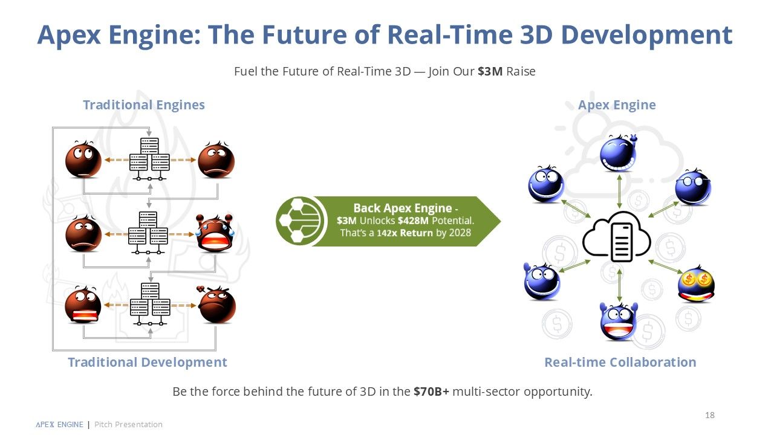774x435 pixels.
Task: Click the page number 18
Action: coord(710,415)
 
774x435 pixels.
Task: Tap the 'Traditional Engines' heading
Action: coord(144,105)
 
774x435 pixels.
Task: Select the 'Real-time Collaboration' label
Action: coord(620,362)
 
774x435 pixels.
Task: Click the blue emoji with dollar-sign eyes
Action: coord(696,284)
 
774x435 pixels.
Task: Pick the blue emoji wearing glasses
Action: coord(693,187)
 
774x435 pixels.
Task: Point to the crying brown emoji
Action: coord(214,233)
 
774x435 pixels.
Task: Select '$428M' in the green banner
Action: coord(413,221)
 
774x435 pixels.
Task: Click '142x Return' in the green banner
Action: coord(405,233)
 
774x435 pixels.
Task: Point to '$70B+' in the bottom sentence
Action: coord(431,391)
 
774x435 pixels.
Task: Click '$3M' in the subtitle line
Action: coord(490,71)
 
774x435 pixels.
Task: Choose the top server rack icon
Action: coord(149,159)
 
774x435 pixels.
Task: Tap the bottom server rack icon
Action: coord(150,304)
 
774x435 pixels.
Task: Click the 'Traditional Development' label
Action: coord(148,362)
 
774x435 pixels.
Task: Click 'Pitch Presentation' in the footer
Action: coord(128,424)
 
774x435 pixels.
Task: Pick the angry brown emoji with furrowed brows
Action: coord(217,305)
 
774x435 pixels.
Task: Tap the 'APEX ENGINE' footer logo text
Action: coord(59,424)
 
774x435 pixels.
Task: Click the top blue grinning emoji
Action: coord(618,153)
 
